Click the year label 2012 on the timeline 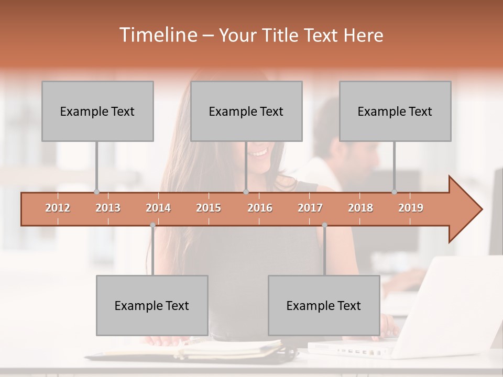pyautogui.click(x=58, y=208)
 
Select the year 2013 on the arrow pyautogui.click(x=108, y=208)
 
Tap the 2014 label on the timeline pyautogui.click(x=158, y=208)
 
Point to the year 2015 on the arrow pyautogui.click(x=209, y=208)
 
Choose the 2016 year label pyautogui.click(x=260, y=208)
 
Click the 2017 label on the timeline pyautogui.click(x=310, y=208)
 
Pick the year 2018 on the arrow pyautogui.click(x=360, y=208)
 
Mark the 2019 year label pyautogui.click(x=411, y=208)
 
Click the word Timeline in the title pyautogui.click(x=157, y=35)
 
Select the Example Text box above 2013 pyautogui.click(x=97, y=111)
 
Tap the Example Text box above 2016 pyautogui.click(x=246, y=111)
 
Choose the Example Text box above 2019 pyautogui.click(x=395, y=111)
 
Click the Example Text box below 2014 pyautogui.click(x=152, y=305)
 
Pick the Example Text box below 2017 pyautogui.click(x=324, y=305)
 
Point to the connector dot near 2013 pyautogui.click(x=96, y=192)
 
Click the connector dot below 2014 pyautogui.click(x=152, y=225)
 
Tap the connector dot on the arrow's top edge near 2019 pyautogui.click(x=394, y=192)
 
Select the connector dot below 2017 pyautogui.click(x=324, y=225)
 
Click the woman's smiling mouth pyautogui.click(x=258, y=153)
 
